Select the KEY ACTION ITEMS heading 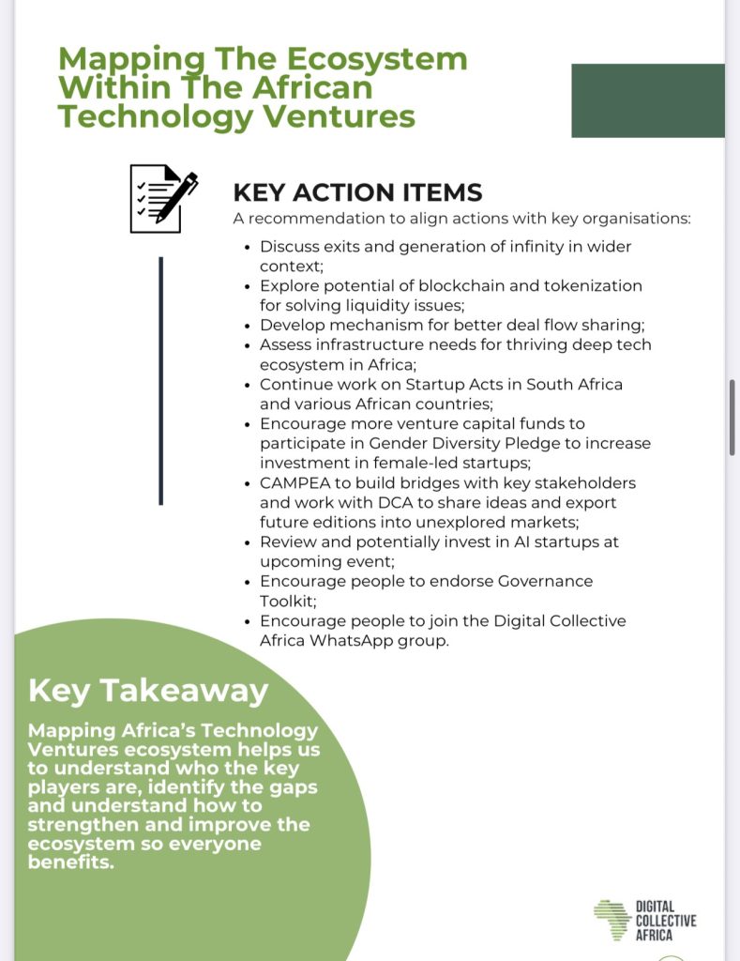(x=356, y=192)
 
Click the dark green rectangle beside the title (x=647, y=100)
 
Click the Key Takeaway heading (x=148, y=691)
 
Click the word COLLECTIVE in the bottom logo (x=666, y=921)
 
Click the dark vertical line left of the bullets (x=161, y=380)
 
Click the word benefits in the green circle (x=70, y=863)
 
